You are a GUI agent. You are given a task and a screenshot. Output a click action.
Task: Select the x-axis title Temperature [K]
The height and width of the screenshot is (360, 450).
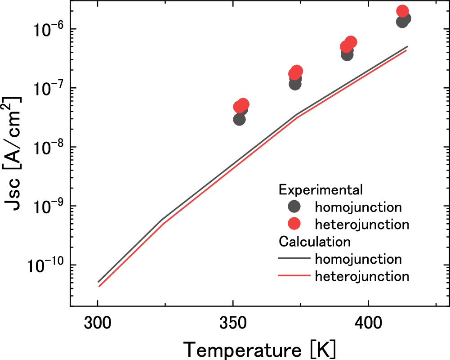click(x=259, y=348)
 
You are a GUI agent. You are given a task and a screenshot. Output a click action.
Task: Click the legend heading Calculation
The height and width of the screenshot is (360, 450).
click(x=315, y=242)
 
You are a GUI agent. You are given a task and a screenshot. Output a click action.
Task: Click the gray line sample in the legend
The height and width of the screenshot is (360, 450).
click(x=294, y=259)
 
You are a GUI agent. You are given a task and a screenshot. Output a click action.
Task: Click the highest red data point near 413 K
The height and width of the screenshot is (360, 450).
click(x=402, y=11)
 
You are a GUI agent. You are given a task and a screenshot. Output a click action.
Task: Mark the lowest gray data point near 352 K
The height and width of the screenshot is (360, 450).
click(x=239, y=119)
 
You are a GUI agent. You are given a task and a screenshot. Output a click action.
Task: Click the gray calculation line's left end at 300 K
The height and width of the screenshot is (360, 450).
click(x=98, y=282)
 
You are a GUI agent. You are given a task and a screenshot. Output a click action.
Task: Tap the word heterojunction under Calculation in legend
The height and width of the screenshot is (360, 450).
click(x=362, y=276)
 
